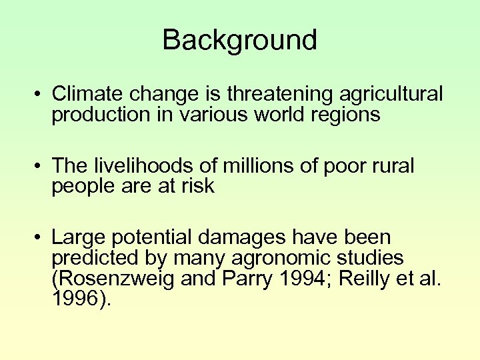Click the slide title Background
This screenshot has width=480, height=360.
(x=239, y=41)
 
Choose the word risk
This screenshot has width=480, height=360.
(x=197, y=187)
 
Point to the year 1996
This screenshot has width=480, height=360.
(x=73, y=298)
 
